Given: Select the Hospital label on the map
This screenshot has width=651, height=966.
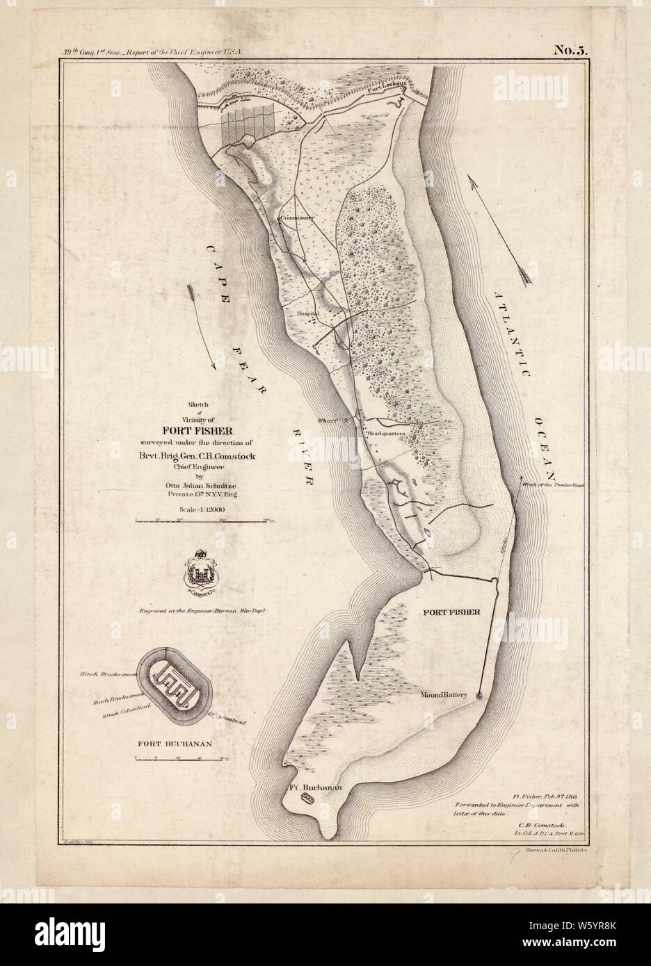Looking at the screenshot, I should pos(307,313).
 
